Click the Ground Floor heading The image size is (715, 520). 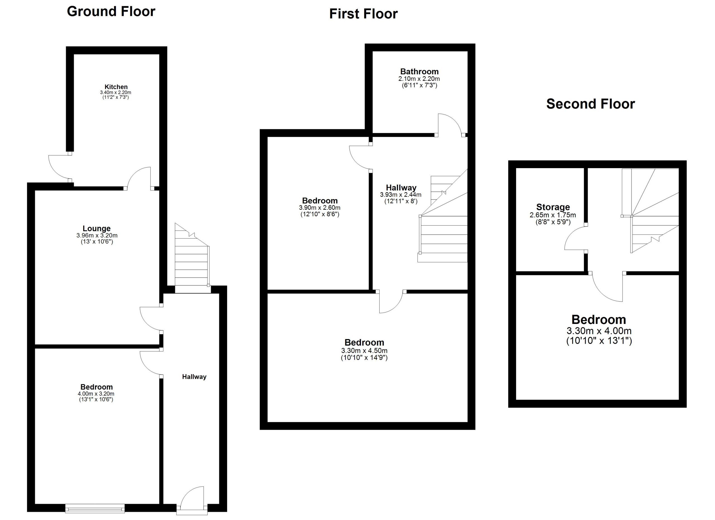pyautogui.click(x=111, y=12)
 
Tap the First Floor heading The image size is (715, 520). pyautogui.click(x=363, y=14)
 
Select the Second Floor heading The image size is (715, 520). pyautogui.click(x=590, y=104)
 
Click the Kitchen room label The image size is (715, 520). pyautogui.click(x=116, y=87)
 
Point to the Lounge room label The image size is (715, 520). pyautogui.click(x=96, y=228)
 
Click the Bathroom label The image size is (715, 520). pyautogui.click(x=419, y=71)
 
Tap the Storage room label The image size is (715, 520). pyautogui.click(x=553, y=207)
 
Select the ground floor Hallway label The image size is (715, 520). pyautogui.click(x=194, y=377)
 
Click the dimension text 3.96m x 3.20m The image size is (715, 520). pyautogui.click(x=97, y=235)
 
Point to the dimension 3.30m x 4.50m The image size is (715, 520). pyautogui.click(x=364, y=350)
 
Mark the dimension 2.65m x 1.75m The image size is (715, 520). pyautogui.click(x=553, y=215)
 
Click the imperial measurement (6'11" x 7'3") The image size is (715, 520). pyautogui.click(x=419, y=85)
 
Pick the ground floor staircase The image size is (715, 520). pyautogui.click(x=192, y=258)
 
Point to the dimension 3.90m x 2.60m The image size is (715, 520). pyautogui.click(x=320, y=208)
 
